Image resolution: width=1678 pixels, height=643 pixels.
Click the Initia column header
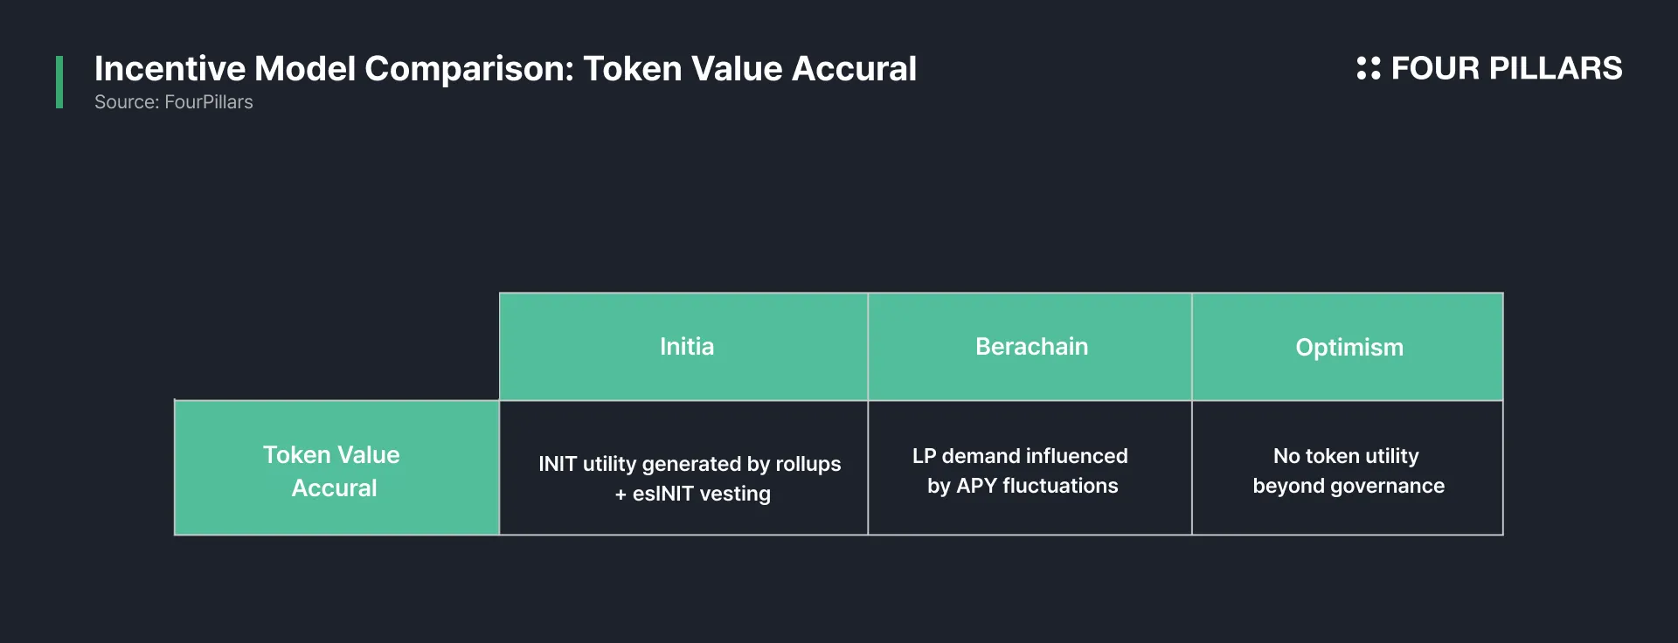click(687, 347)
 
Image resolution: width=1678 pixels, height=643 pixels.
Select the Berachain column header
click(1031, 347)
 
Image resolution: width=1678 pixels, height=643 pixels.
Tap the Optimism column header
click(1349, 348)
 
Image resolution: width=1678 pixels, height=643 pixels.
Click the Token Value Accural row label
click(332, 471)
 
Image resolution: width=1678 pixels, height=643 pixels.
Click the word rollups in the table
click(808, 464)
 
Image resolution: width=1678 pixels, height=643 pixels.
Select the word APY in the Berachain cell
click(976, 486)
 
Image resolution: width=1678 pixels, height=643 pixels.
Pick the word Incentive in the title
click(170, 69)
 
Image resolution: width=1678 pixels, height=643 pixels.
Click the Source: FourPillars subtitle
click(174, 102)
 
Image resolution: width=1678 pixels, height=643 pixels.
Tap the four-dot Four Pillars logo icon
click(1369, 68)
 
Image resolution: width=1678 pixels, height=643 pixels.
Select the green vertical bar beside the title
click(59, 82)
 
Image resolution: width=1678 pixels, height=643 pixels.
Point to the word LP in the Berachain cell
click(924, 456)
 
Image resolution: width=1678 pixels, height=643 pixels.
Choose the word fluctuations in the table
click(1060, 486)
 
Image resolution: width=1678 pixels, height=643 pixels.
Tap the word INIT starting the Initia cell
click(558, 464)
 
